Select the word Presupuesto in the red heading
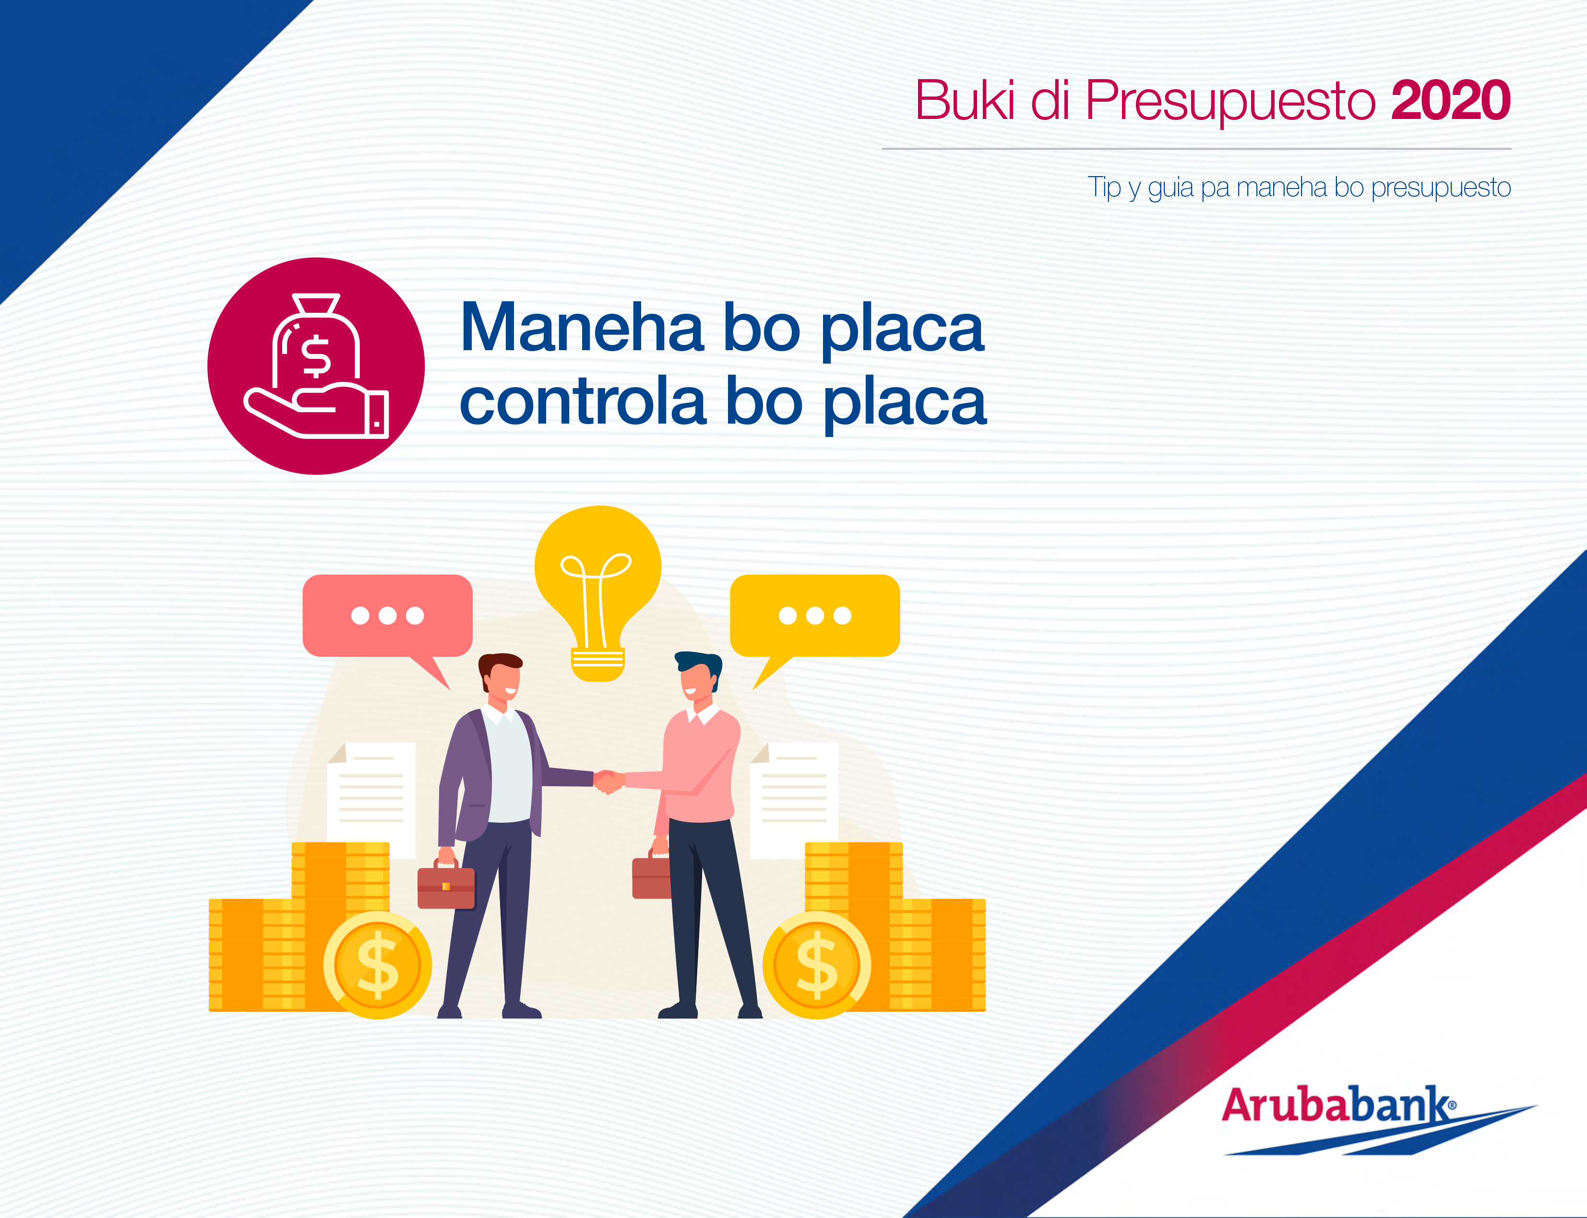coord(1229,102)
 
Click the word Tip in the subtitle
coord(1103,187)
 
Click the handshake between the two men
coord(608,781)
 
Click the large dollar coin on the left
coord(377,964)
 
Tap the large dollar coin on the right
coord(817,964)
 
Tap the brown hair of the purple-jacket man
coord(499,662)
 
